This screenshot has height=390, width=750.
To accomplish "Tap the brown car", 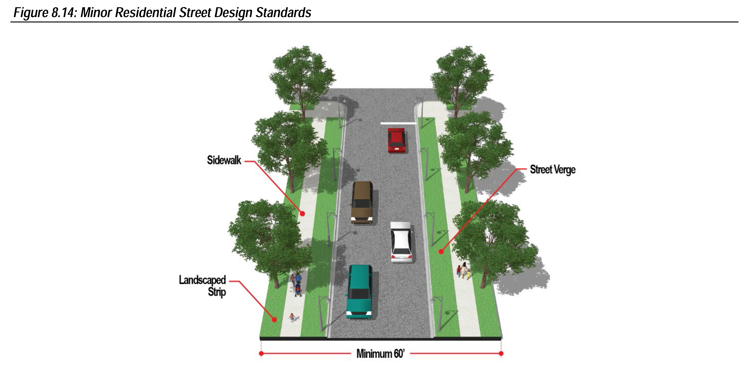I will tap(362, 202).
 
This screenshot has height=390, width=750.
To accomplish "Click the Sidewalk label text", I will tap(224, 160).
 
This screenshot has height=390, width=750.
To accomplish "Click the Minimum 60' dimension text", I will tap(380, 354).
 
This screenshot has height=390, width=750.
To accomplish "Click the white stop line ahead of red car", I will tap(398, 123).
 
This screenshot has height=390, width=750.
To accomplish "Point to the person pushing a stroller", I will tap(297, 284).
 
